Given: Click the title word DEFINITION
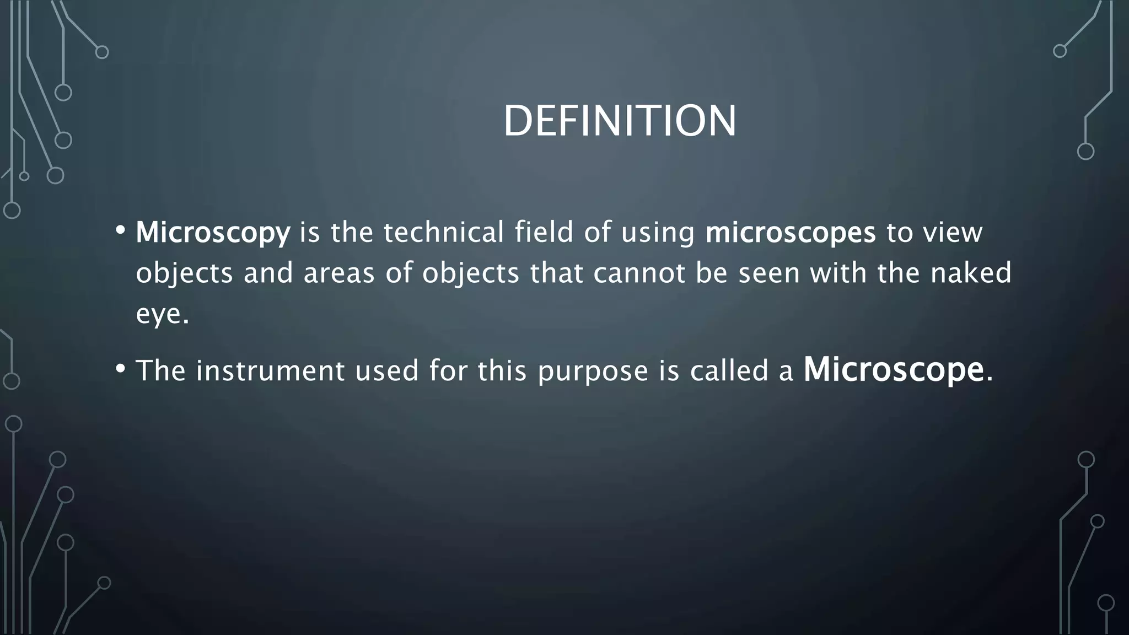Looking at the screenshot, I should [620, 121].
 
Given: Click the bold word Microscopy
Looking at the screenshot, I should [213, 233].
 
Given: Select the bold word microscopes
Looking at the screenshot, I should [791, 233].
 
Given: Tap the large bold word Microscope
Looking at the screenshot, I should [894, 369].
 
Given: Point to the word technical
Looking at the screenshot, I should [444, 232].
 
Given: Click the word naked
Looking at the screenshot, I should [971, 273].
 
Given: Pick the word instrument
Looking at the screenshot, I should [270, 370].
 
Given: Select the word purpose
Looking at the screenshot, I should [593, 370].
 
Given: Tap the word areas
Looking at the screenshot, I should [339, 273].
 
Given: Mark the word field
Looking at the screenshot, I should [544, 232].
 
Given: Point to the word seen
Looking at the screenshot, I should [769, 273].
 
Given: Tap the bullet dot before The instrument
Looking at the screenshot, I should [121, 368].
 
